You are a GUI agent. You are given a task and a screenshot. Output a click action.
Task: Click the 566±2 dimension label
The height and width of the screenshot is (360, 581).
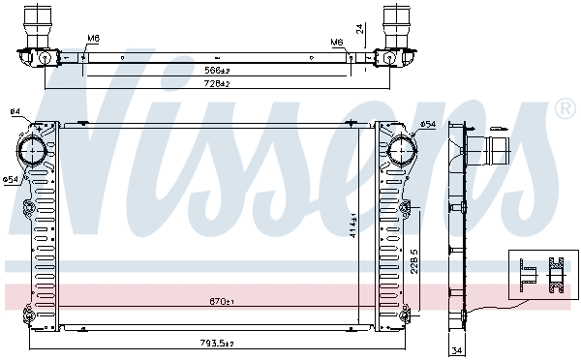[217, 71]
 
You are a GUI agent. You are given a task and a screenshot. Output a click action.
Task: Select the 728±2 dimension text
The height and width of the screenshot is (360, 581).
[217, 84]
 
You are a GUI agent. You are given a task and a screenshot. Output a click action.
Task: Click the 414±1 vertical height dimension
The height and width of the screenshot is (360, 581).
[354, 225]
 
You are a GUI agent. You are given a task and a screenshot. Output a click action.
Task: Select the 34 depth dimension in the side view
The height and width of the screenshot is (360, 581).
[456, 350]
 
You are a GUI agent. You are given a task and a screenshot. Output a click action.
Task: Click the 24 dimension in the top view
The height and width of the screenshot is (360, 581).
[360, 30]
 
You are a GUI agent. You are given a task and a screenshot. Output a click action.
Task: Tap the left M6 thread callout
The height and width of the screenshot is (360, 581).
[93, 40]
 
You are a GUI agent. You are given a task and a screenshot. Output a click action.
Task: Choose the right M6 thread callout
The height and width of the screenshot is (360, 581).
[336, 43]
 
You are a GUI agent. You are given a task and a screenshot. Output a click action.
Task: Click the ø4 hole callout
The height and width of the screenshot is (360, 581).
[15, 112]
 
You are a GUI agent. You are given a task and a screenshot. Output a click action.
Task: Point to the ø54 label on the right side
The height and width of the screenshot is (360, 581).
[428, 125]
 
